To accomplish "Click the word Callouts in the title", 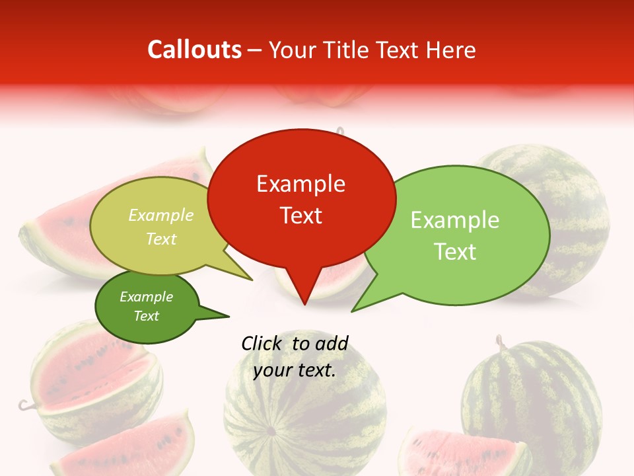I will (195, 50).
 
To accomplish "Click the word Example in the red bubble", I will (300, 184).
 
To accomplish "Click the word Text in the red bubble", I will (301, 216).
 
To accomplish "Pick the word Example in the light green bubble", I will (455, 220).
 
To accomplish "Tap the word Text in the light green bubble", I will (455, 252).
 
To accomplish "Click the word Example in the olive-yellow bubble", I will (161, 216).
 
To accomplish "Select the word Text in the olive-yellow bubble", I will (161, 239).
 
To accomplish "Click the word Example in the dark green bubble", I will (146, 297).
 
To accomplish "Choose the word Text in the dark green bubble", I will (146, 316).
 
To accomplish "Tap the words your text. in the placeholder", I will (295, 370).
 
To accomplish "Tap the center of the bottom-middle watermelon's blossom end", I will (270, 432).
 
